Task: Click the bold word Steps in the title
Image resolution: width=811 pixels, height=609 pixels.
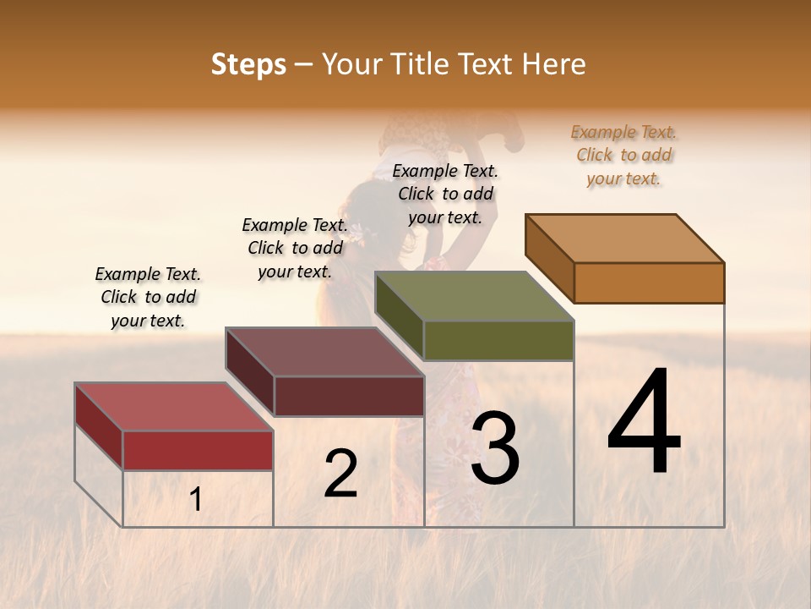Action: [x=248, y=64]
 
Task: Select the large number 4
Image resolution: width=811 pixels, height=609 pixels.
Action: [x=645, y=422]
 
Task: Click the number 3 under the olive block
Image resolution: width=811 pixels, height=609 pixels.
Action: [x=494, y=447]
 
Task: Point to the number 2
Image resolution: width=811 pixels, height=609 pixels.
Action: [x=340, y=473]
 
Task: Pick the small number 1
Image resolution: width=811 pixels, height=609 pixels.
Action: [x=196, y=499]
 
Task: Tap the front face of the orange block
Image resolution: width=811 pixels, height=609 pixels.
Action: [x=649, y=283]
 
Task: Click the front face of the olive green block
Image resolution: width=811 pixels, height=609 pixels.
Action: [x=498, y=340]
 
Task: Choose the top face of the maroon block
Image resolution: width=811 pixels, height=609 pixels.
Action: [x=324, y=352]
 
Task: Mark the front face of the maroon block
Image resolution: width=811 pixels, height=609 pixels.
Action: [x=348, y=396]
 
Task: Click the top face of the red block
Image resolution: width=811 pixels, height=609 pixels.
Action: [x=174, y=407]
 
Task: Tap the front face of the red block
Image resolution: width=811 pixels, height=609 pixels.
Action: [x=198, y=450]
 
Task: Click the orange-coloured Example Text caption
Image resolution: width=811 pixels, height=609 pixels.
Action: [x=623, y=155]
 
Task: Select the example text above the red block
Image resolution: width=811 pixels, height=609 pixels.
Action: [x=148, y=297]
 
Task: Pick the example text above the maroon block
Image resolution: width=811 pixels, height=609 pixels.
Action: [x=295, y=248]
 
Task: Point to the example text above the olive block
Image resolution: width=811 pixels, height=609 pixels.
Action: [x=445, y=194]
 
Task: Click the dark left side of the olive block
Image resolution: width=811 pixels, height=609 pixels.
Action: [x=399, y=314]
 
